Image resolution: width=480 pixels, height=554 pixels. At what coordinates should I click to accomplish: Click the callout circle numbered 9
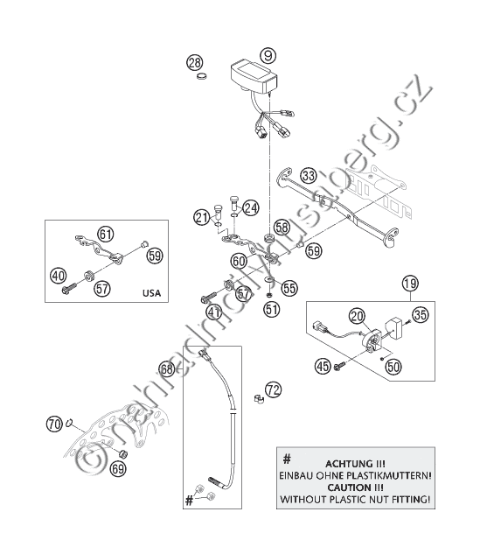tap(268, 55)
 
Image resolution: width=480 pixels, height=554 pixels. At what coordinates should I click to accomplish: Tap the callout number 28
tap(195, 63)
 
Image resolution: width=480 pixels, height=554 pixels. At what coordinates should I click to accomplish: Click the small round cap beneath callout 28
tap(202, 76)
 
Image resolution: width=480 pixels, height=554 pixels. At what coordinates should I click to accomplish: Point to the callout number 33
tap(309, 175)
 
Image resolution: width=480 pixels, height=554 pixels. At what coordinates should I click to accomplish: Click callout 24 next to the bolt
tap(251, 207)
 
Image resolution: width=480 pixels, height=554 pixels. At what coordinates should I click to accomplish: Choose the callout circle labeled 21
tap(201, 216)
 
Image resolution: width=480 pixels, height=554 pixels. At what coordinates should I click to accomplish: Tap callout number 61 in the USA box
tap(106, 234)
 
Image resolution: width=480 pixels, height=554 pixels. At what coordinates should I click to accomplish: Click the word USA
tap(151, 293)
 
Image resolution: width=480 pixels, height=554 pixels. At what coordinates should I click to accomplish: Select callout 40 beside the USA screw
tap(59, 276)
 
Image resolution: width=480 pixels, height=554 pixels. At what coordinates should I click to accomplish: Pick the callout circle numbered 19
tap(410, 283)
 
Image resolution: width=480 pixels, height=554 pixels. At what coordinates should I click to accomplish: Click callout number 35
tap(421, 314)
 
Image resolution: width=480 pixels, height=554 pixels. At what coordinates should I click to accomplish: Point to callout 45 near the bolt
tap(323, 366)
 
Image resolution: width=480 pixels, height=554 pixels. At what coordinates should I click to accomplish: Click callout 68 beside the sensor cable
tap(166, 368)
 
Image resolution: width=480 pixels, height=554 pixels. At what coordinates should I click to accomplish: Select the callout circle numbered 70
tap(54, 424)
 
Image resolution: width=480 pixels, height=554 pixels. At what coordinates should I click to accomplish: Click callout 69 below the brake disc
tap(118, 469)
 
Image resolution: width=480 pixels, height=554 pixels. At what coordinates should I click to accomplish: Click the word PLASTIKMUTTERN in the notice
tap(391, 475)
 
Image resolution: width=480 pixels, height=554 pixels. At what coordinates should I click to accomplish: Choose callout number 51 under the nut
tap(271, 309)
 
